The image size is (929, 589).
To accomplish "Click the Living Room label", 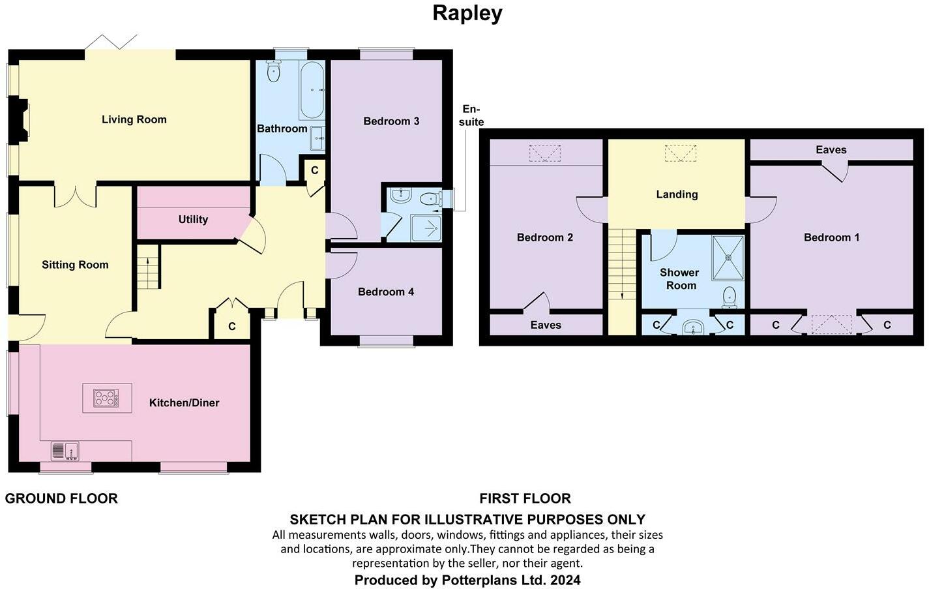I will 134,119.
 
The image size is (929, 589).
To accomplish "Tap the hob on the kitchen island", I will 106,398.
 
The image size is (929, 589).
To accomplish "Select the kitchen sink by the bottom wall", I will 65,451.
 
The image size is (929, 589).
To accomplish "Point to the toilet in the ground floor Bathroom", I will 273,71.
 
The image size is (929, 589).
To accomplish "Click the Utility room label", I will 193,219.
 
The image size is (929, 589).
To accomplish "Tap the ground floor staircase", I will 149,266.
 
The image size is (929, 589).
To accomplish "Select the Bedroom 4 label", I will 385,292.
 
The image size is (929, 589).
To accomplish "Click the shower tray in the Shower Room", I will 727,256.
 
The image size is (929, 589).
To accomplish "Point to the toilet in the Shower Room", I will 730,297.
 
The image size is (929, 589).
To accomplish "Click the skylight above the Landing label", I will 680,154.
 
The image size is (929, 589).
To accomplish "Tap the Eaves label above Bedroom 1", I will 831,150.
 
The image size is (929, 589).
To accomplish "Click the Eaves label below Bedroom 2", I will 546,325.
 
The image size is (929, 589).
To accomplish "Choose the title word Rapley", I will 467,13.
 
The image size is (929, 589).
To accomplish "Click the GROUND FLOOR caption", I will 61,498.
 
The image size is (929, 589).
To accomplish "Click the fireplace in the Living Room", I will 22,119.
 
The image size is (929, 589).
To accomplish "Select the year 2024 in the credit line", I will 565,580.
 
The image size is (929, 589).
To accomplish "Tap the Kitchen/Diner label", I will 184,402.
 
